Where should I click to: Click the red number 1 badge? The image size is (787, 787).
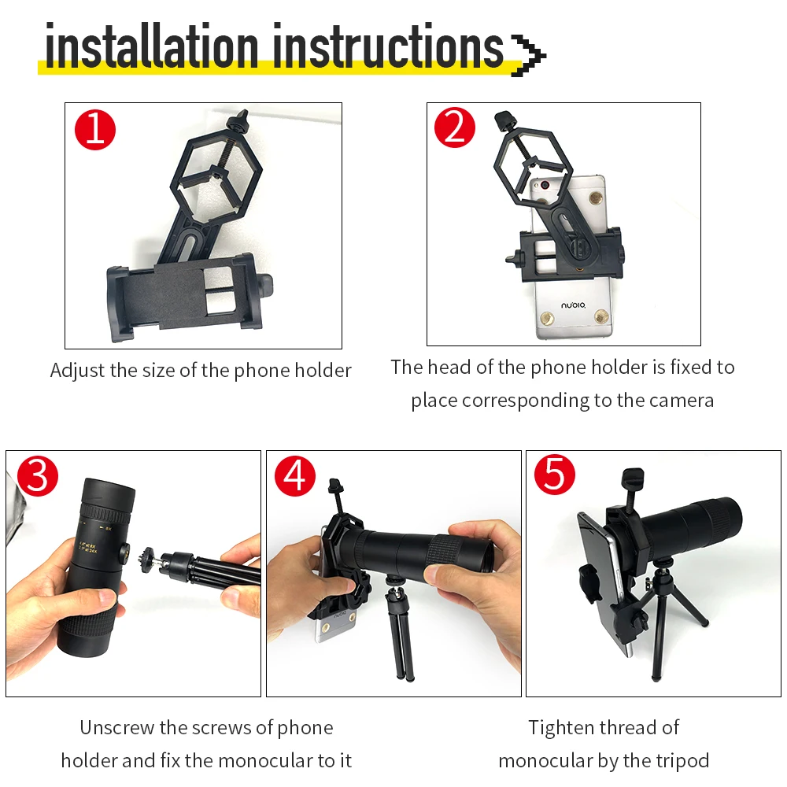[x=95, y=130]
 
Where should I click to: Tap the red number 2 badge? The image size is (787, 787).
[x=455, y=127]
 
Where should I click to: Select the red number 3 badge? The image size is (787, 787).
[x=38, y=476]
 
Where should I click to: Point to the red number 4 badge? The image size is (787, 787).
[x=295, y=476]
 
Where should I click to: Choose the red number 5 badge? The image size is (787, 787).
[x=555, y=475]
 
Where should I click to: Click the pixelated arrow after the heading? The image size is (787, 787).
[x=528, y=55]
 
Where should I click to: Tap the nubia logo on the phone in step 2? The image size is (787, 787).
[x=573, y=305]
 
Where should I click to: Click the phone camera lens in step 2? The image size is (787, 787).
[x=544, y=185]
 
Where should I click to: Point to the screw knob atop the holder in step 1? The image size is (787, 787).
[x=238, y=122]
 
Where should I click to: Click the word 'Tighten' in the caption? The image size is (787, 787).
[x=560, y=728]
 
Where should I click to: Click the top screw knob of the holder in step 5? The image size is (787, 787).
[x=633, y=478]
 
